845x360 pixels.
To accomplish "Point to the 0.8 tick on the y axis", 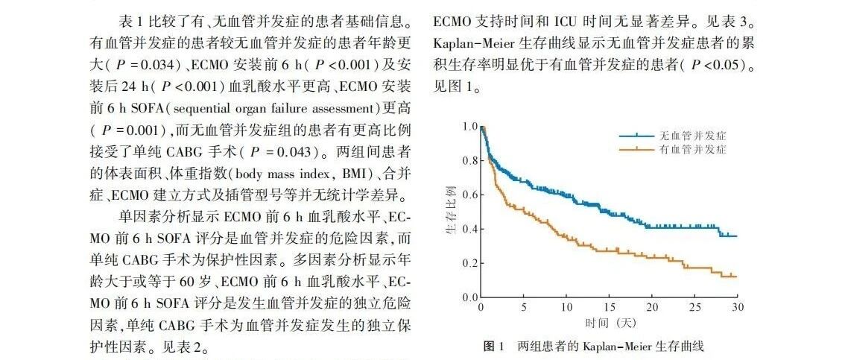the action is (x=470, y=160).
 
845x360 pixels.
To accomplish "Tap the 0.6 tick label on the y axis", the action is (x=470, y=195).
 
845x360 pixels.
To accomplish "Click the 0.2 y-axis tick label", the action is (x=470, y=264).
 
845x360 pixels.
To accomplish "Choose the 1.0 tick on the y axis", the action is (x=470, y=126).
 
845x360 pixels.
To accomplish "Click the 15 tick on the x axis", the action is (x=609, y=308).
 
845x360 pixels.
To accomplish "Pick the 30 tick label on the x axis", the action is (x=737, y=308).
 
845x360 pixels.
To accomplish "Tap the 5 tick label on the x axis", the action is (x=523, y=308).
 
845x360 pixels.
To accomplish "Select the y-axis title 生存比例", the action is (x=451, y=212).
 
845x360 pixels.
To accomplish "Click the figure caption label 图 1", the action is (x=493, y=346).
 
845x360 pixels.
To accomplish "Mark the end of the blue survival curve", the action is (x=737, y=236).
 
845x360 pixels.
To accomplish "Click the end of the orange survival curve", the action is (x=737, y=277).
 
